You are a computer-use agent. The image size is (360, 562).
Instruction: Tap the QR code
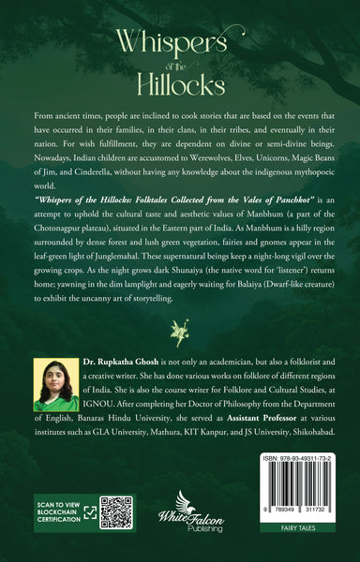[114, 512]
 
